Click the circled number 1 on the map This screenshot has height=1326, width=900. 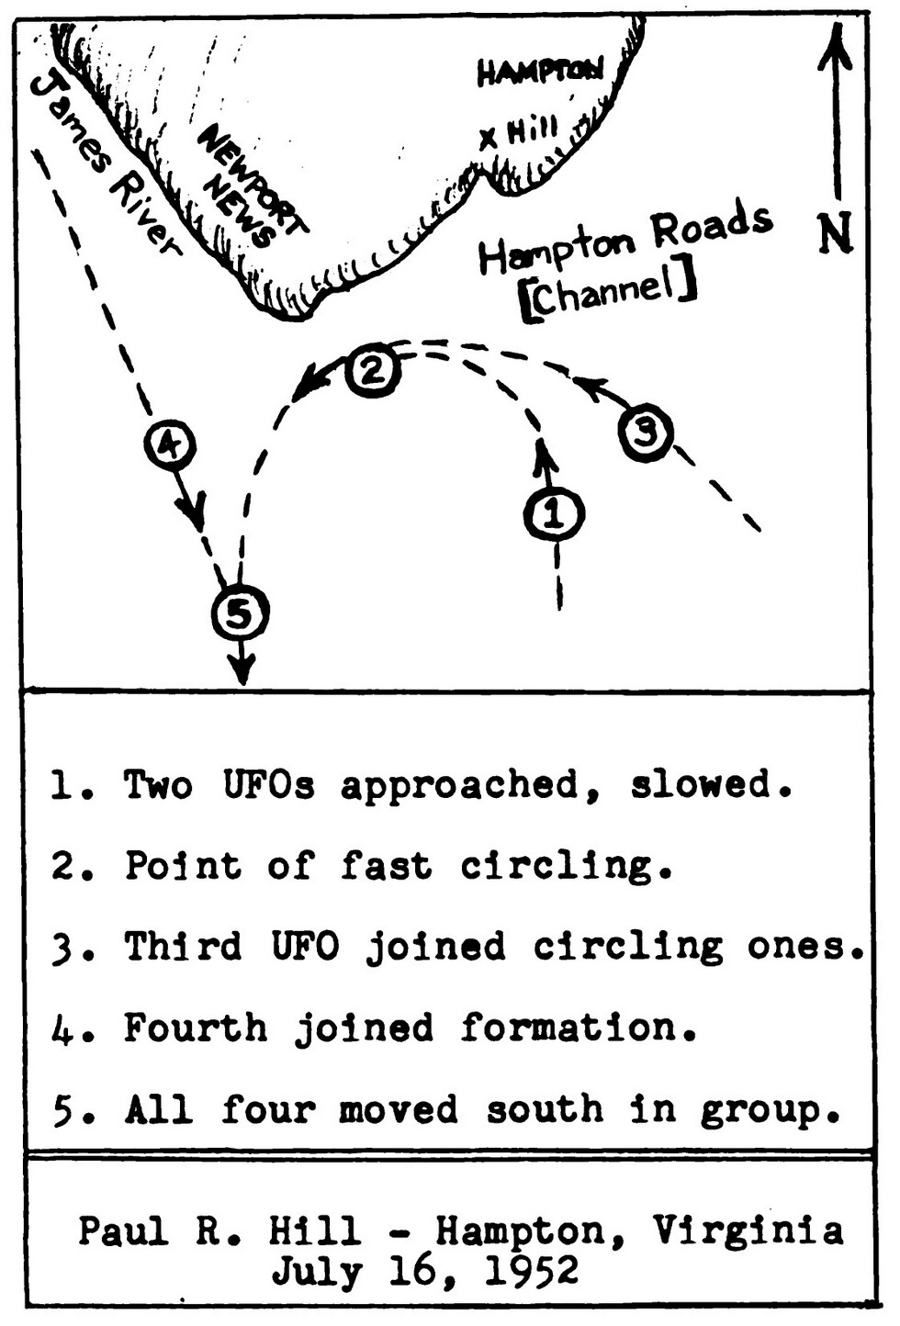(554, 514)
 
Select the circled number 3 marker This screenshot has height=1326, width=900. (647, 432)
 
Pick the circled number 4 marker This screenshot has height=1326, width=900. (170, 445)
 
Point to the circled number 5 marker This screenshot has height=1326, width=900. (240, 613)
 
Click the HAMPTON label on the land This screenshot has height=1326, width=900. (540, 72)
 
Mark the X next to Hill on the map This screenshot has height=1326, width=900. (489, 139)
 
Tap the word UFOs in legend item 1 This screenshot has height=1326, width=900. (268, 785)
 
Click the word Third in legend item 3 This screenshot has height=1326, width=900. (183, 946)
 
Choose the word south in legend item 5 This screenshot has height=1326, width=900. (544, 1109)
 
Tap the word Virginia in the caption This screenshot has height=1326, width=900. (748, 1230)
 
